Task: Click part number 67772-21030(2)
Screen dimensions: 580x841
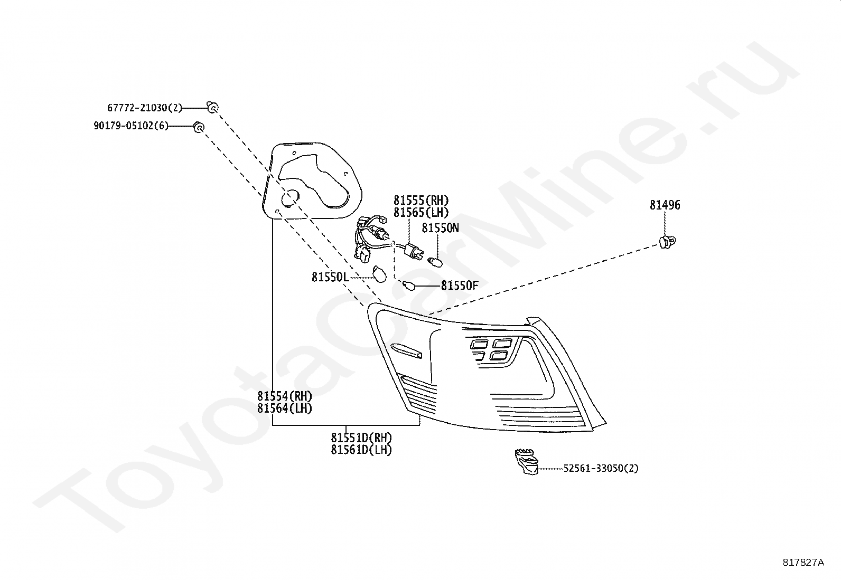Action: tap(144, 108)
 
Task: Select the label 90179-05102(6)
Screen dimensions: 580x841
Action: tap(130, 126)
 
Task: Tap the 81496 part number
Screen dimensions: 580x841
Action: tap(665, 205)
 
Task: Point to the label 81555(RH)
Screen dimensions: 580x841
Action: tap(421, 201)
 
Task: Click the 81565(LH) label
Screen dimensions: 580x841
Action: tap(421, 213)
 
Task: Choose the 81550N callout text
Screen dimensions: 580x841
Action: tap(440, 228)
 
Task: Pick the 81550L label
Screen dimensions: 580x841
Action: tap(330, 277)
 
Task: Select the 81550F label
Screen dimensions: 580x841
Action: tap(460, 286)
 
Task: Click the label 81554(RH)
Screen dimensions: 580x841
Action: tap(285, 396)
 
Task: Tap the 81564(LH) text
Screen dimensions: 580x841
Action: tap(285, 408)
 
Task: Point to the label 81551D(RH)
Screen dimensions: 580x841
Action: tap(361, 438)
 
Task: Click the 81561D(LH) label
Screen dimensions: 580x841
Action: tap(361, 450)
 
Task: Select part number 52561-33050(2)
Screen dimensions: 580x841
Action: tap(601, 468)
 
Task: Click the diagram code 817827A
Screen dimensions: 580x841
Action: tap(803, 563)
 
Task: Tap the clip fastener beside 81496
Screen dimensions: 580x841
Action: tap(668, 242)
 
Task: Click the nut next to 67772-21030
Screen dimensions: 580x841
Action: tap(212, 108)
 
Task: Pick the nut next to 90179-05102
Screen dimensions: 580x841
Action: tap(199, 127)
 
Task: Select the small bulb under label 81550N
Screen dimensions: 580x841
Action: tap(436, 261)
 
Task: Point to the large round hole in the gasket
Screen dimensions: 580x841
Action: tap(289, 199)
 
